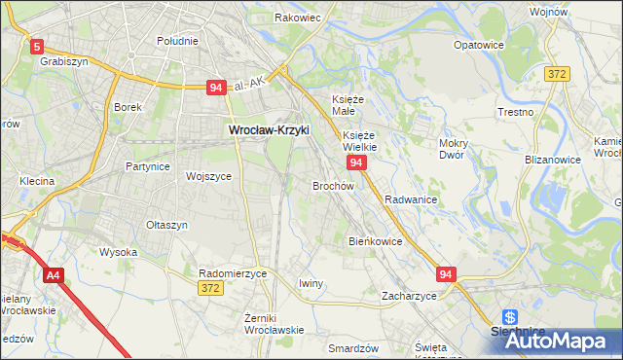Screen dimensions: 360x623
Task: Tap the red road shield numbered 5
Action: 37,46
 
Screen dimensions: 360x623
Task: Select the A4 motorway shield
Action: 53,275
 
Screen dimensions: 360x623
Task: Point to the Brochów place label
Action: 333,185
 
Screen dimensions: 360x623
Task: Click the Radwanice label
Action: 410,198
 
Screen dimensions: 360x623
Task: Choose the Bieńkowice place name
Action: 375,240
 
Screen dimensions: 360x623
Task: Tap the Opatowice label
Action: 479,45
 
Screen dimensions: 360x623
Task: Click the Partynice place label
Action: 148,166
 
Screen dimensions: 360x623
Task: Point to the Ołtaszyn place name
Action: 166,225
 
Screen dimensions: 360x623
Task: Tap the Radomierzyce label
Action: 232,273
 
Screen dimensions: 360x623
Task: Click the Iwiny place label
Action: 311,283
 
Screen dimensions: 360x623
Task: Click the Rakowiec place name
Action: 298,18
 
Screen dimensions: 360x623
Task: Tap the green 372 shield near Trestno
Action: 557,74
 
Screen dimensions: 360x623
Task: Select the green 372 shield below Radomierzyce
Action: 208,288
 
